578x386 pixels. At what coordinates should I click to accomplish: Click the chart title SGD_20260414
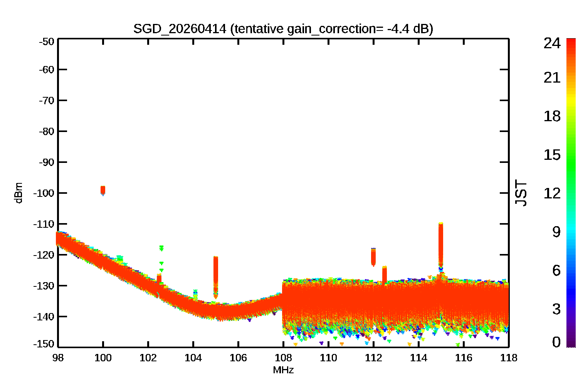(180, 29)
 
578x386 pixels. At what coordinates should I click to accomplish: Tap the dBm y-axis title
(18, 193)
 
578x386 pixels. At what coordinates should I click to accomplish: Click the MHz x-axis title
(283, 370)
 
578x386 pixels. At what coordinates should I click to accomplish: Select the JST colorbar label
(521, 193)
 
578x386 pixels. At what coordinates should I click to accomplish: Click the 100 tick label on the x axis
(103, 358)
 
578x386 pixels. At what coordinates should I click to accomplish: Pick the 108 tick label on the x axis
(283, 358)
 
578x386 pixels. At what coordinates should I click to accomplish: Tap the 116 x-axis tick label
(464, 358)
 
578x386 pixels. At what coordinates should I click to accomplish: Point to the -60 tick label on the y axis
(47, 69)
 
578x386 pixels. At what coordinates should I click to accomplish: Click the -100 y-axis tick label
(44, 193)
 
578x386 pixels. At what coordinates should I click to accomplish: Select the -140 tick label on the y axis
(44, 317)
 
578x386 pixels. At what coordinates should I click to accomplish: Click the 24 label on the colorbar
(552, 43)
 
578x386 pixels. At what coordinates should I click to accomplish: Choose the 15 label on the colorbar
(552, 155)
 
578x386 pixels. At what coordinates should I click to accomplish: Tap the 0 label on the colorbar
(556, 342)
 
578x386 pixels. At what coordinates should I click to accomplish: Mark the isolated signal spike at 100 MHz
(103, 190)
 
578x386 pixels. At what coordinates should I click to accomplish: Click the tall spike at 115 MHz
(441, 245)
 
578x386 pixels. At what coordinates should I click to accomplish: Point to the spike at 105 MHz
(216, 277)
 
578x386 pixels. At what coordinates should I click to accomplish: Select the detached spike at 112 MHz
(373, 257)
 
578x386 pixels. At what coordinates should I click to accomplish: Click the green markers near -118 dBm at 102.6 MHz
(161, 248)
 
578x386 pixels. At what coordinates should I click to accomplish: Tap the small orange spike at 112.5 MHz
(385, 274)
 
